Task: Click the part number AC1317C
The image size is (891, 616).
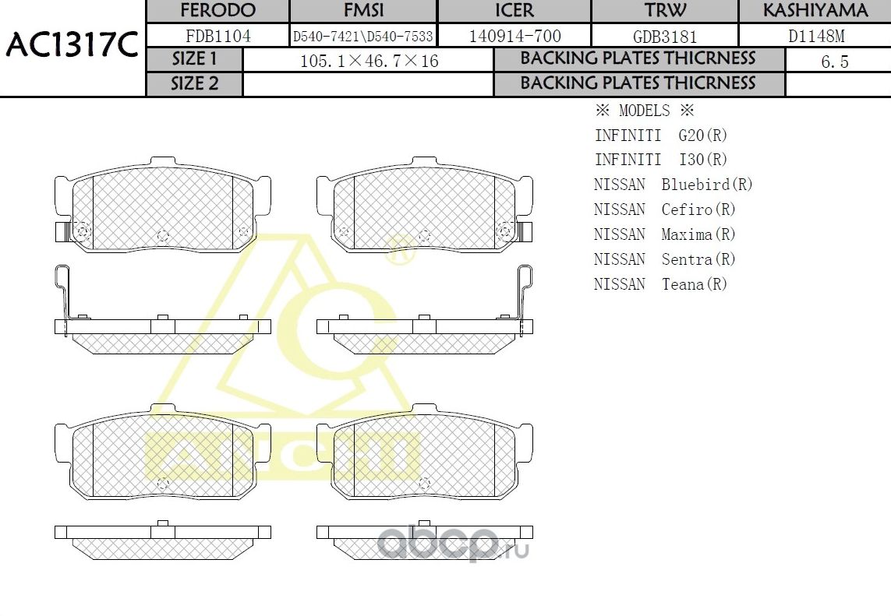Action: click(x=72, y=47)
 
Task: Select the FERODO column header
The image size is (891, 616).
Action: click(x=217, y=11)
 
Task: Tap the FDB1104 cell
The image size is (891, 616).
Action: click(x=217, y=36)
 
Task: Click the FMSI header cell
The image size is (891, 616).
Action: click(x=363, y=11)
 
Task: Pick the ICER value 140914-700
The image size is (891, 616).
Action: click(x=514, y=36)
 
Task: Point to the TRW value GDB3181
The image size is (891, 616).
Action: click(x=665, y=37)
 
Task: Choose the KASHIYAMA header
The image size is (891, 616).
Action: click(x=815, y=11)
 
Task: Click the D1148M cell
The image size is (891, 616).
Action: click(x=815, y=37)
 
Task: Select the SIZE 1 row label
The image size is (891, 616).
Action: click(x=195, y=59)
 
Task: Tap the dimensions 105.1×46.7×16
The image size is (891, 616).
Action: click(x=369, y=61)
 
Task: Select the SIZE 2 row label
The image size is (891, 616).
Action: click(x=195, y=84)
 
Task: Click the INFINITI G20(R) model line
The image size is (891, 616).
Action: click(x=661, y=136)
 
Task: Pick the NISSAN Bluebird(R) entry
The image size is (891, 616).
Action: click(x=673, y=185)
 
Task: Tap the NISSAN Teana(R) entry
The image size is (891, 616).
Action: click(x=660, y=284)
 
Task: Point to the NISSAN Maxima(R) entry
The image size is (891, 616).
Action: click(x=664, y=234)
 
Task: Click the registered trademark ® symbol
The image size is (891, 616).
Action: click(x=398, y=250)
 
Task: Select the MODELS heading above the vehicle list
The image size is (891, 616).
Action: click(x=644, y=111)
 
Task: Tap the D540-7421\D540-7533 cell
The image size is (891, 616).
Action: click(x=362, y=37)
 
